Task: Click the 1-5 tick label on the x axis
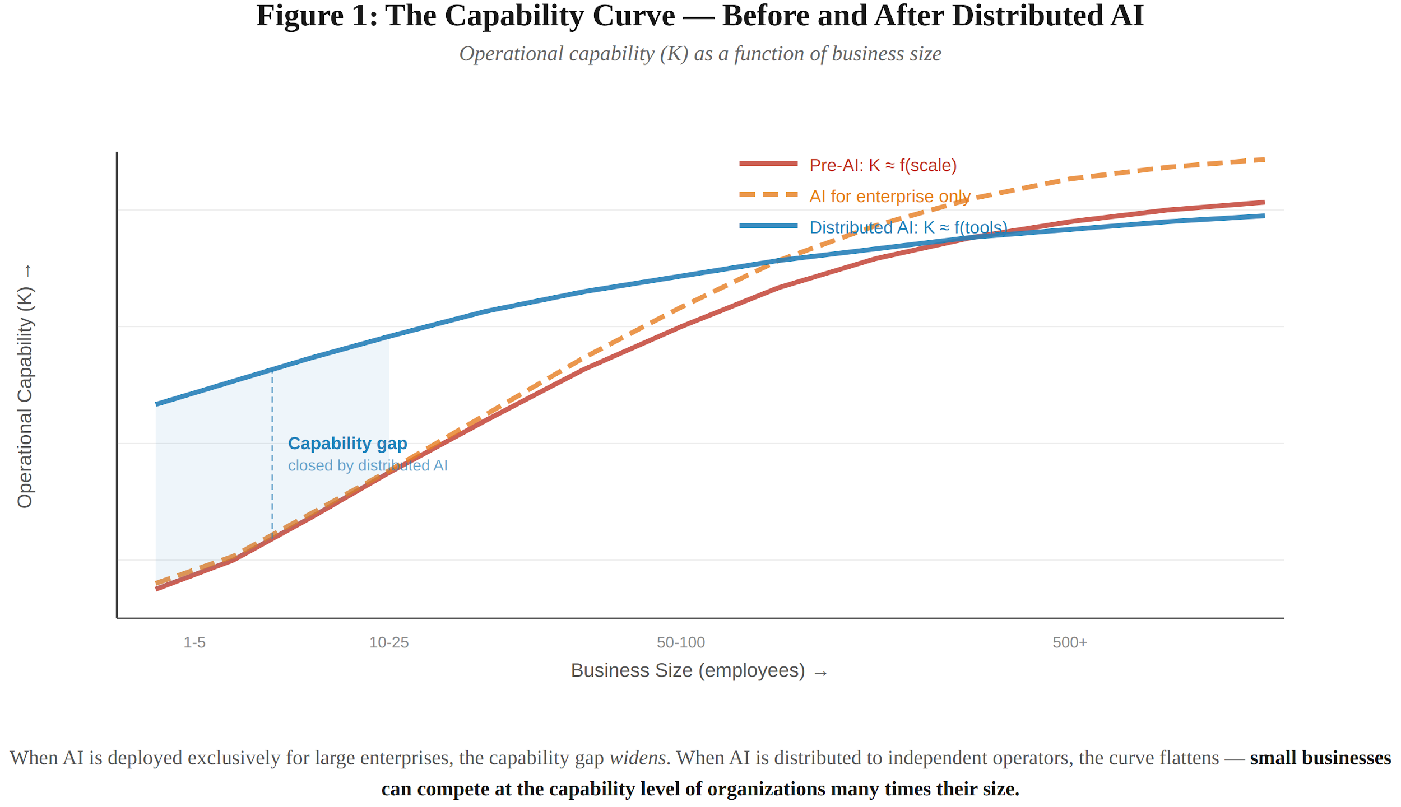tap(194, 642)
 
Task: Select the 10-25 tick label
tap(389, 642)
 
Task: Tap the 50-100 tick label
tap(681, 642)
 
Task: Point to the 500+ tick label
tap(1070, 642)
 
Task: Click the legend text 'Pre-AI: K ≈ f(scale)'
tap(883, 165)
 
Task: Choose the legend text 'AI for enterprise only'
tap(890, 197)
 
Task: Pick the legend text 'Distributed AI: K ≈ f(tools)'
tap(908, 227)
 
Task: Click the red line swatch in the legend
tap(768, 164)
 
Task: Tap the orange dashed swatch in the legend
tap(768, 195)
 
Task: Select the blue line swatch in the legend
tap(768, 226)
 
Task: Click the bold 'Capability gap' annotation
tap(347, 444)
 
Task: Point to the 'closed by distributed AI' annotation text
tap(368, 465)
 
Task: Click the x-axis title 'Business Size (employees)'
tap(688, 670)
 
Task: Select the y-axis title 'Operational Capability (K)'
tap(25, 398)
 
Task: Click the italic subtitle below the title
tap(700, 54)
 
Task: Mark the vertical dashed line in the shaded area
tap(273, 454)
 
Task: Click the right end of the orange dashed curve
tap(1263, 160)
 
